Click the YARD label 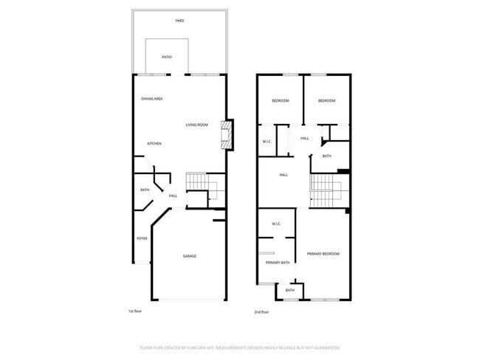click(x=179, y=21)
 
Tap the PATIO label click(x=168, y=57)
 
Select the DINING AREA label click(x=152, y=99)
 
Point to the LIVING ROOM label click(x=196, y=125)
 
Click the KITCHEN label click(x=154, y=144)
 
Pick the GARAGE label click(x=190, y=256)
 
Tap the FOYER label click(x=142, y=238)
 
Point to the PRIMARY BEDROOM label click(x=323, y=254)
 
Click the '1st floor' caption click(x=136, y=311)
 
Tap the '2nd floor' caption click(x=261, y=312)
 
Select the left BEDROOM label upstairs click(x=280, y=100)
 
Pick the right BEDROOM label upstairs click(x=326, y=100)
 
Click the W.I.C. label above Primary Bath click(x=275, y=224)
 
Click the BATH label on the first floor click(x=145, y=190)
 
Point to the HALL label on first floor click(x=173, y=195)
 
